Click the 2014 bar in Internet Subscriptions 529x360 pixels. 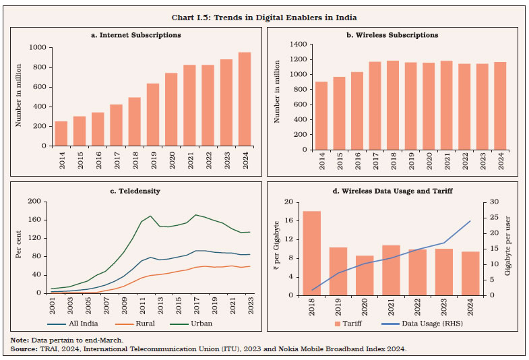(61, 133)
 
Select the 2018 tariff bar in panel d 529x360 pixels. (311, 253)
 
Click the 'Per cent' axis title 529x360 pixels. (18, 247)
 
